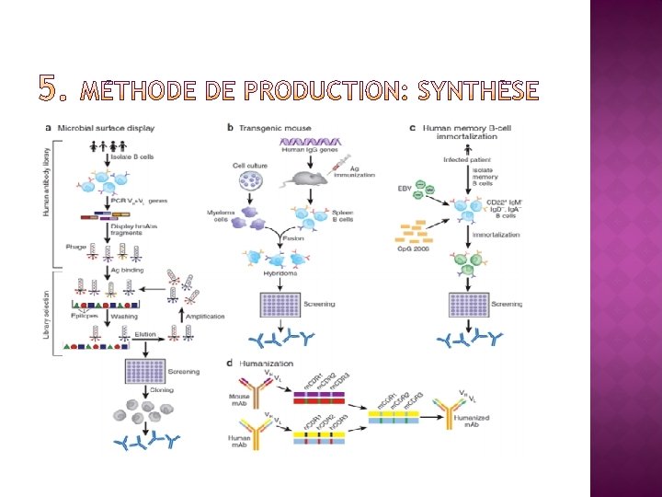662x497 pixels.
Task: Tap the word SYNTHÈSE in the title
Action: click(x=478, y=90)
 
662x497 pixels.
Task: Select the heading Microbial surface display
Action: click(x=106, y=127)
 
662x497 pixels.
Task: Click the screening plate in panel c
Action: click(x=466, y=306)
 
